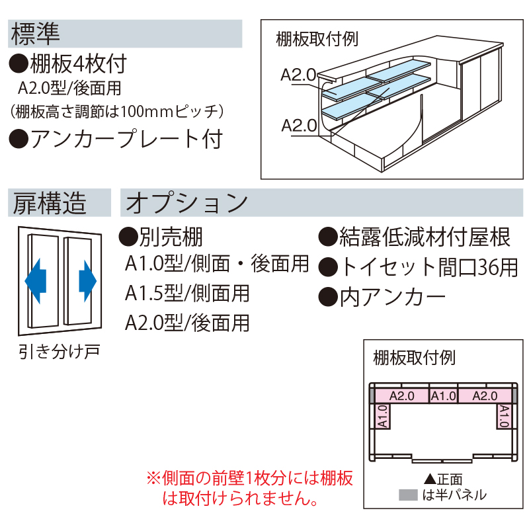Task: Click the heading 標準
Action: tap(36, 34)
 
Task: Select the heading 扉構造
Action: tap(50, 203)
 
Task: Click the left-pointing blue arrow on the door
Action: tap(36, 278)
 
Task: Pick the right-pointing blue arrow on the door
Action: tap(87, 278)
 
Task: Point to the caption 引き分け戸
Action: tap(59, 350)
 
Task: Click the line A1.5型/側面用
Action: tap(188, 293)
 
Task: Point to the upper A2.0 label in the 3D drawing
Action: tap(298, 75)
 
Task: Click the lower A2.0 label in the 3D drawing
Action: tap(298, 124)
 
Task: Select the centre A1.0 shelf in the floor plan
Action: tap(443, 396)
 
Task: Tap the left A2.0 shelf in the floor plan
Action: tap(401, 396)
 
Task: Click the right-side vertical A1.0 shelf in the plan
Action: tap(504, 417)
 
